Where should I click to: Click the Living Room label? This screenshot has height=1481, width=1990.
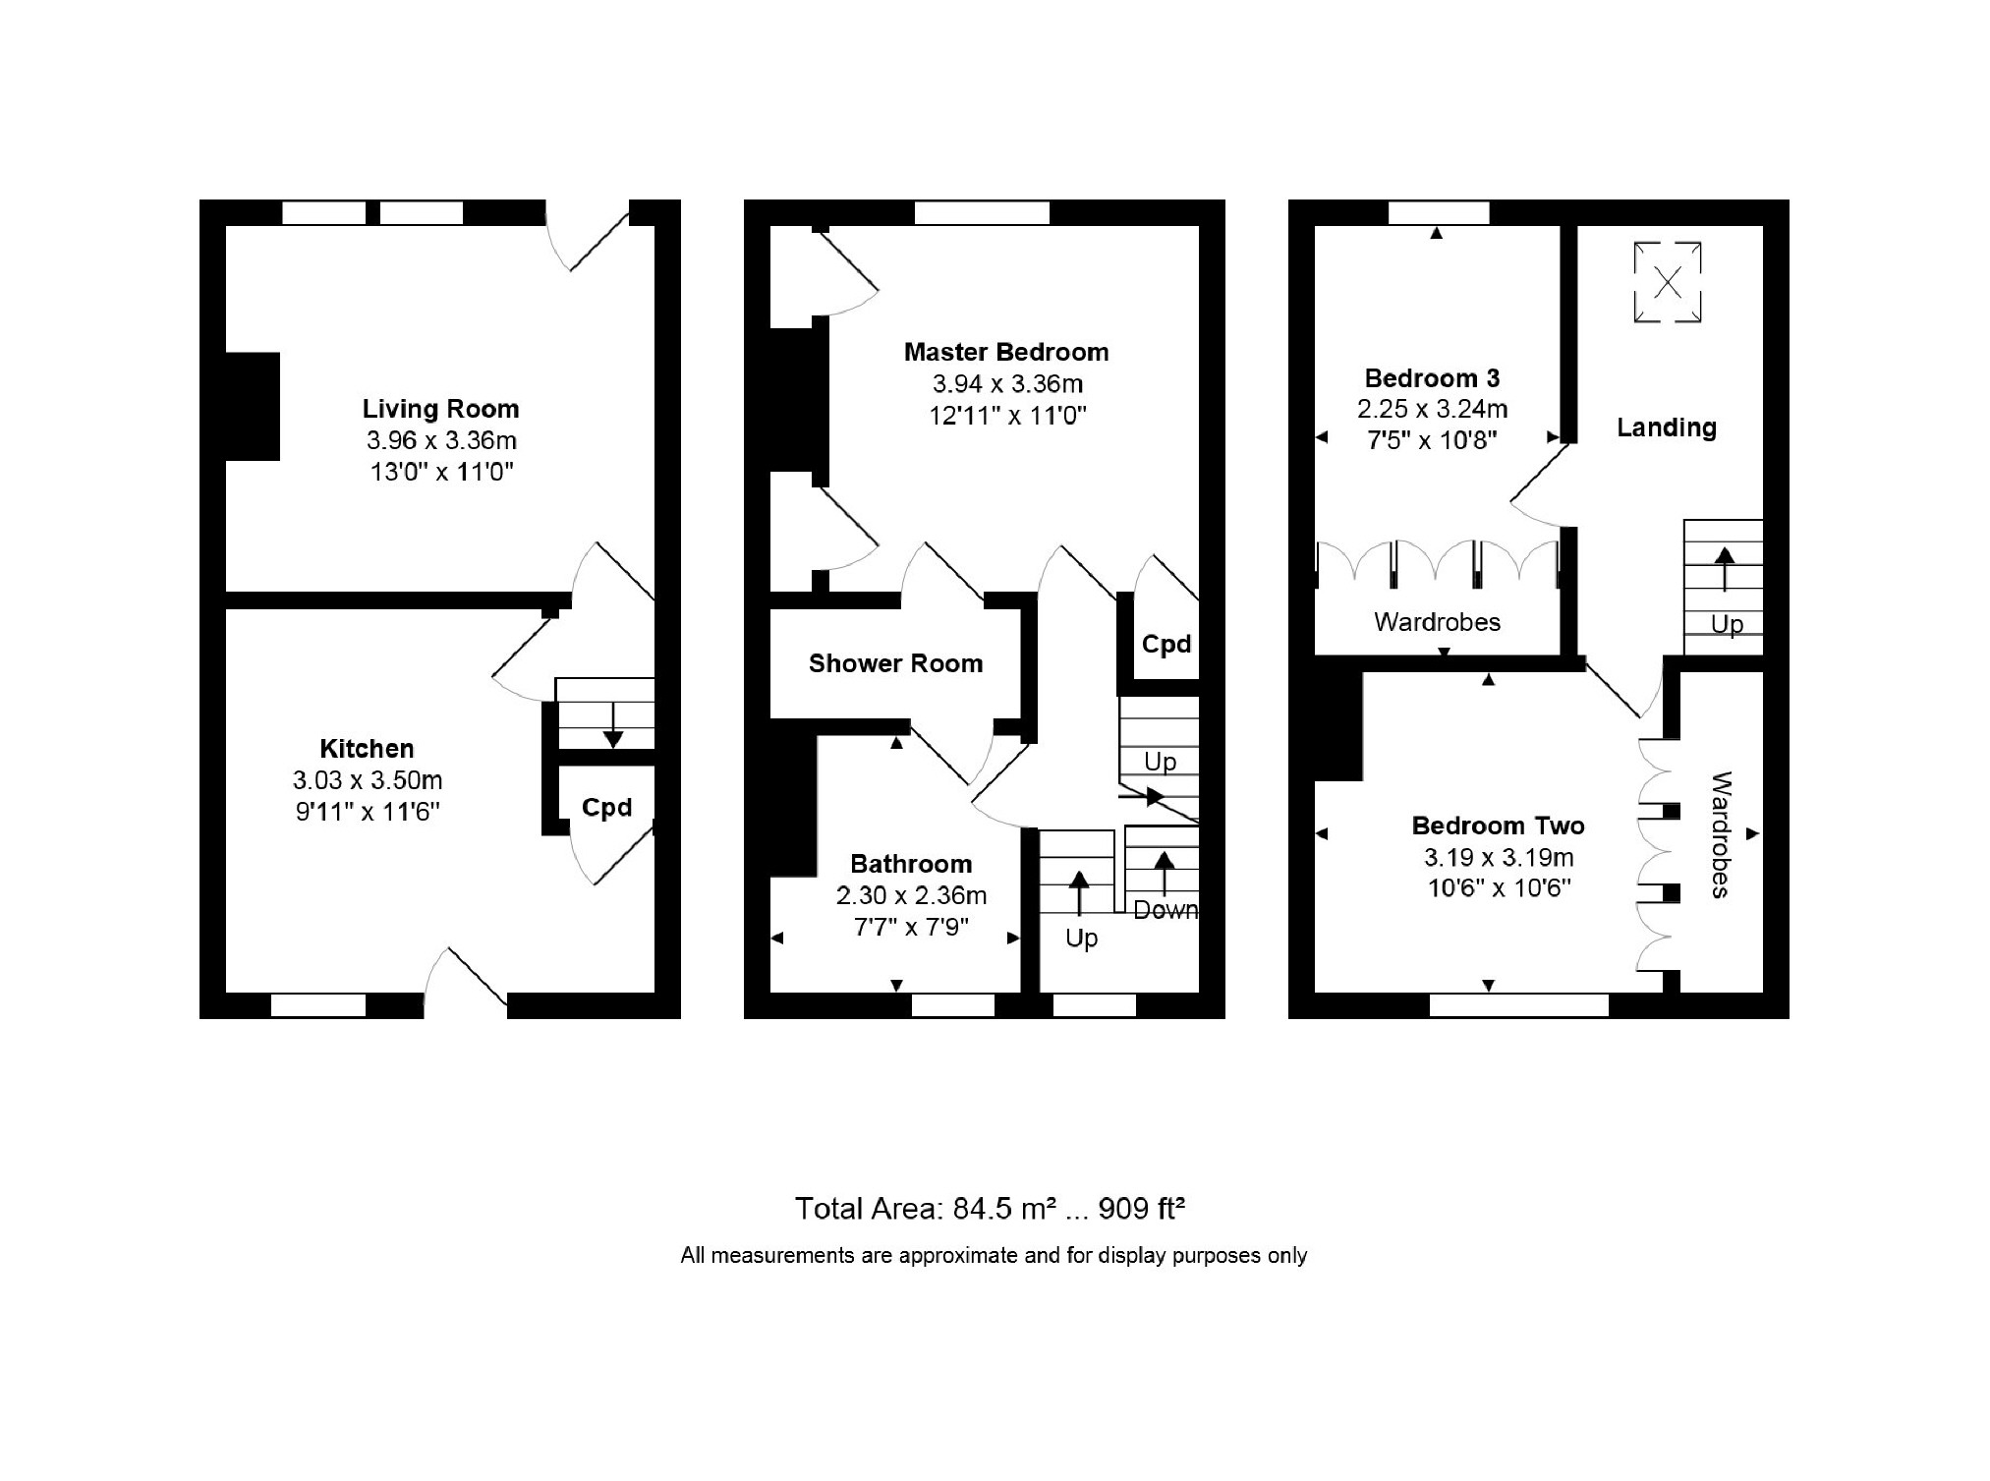coord(440,409)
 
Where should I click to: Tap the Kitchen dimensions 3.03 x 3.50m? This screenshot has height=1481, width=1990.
coord(368,780)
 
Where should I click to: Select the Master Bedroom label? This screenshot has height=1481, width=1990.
coord(1006,352)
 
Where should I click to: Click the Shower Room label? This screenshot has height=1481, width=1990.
coord(895,663)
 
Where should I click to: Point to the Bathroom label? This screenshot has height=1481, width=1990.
coord(911,864)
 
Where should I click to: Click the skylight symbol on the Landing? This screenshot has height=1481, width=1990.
coord(1667,283)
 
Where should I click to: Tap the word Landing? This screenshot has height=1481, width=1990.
coord(1667,427)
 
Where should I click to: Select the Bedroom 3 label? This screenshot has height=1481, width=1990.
coord(1432,378)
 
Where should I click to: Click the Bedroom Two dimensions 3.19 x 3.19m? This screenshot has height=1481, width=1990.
coord(1499,857)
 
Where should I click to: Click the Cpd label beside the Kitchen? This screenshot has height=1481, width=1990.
coord(606,807)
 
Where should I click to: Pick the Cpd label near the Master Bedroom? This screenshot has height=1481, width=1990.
coord(1166,645)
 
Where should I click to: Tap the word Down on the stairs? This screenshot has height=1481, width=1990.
coord(1166,910)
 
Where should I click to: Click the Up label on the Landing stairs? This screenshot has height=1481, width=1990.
coord(1727,625)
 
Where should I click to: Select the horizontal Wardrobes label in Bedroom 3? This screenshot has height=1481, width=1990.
coord(1437,622)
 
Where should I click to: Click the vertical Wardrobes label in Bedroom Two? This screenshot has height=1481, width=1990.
coord(1721,834)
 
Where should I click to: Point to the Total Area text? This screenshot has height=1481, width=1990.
coord(990,1208)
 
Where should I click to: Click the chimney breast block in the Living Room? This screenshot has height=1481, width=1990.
coord(253,406)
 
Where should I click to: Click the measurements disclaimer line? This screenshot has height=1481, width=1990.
coord(994,1255)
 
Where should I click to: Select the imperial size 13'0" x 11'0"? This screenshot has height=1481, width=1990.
coord(441,472)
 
